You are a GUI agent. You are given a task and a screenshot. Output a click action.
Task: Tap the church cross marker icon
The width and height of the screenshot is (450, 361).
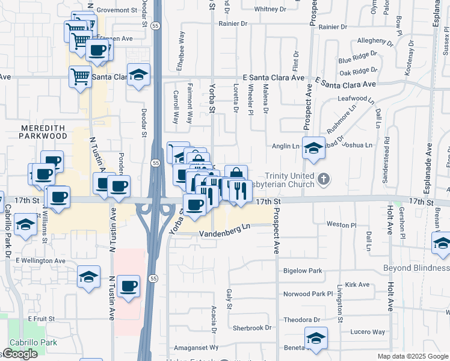coord(324,179)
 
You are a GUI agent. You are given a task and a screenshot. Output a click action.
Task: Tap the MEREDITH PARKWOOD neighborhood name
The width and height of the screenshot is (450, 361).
coord(44,132)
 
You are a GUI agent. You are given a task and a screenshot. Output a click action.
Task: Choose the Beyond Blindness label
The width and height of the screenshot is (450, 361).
coord(416,268)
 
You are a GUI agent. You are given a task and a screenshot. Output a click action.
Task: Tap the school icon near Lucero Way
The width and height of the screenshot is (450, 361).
coord(316,338)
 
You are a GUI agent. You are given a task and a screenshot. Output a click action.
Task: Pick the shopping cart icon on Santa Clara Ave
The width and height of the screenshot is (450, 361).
coord(80,76)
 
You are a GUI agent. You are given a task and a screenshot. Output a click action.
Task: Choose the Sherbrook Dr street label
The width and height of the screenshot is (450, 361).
coord(252,328)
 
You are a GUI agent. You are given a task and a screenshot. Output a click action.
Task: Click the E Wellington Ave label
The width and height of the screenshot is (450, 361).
coord(41,261)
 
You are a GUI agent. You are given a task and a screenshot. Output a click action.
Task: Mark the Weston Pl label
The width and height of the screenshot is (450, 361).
coord(341,224)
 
